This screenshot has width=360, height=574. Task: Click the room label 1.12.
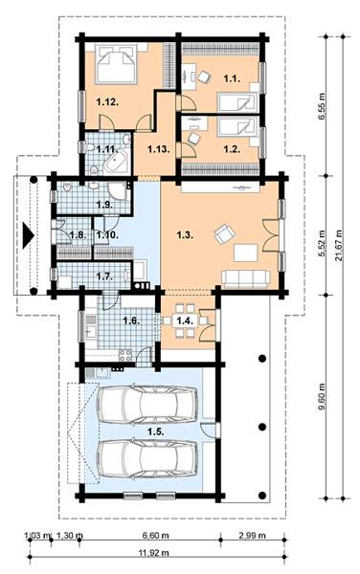point(107,102)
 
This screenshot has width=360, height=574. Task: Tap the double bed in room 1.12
point(116,64)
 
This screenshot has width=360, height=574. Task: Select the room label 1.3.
point(185,235)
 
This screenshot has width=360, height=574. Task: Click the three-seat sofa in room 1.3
point(245,279)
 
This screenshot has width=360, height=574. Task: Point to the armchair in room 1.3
point(224,234)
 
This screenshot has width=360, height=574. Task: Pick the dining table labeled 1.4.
point(184,320)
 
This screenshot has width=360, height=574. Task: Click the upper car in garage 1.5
point(147,404)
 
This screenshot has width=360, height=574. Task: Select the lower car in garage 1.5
point(147,458)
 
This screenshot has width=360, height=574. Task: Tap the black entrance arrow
point(28,235)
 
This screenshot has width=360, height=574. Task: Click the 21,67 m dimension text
point(338,246)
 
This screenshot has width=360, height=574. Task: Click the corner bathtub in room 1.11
point(117,161)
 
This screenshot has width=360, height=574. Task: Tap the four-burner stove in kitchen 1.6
point(125,355)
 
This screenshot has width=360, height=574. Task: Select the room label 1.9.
point(104,205)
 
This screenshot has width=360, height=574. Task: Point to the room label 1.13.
point(159,149)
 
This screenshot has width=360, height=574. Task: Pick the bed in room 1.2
point(236,126)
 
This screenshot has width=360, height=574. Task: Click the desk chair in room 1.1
point(204,77)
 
